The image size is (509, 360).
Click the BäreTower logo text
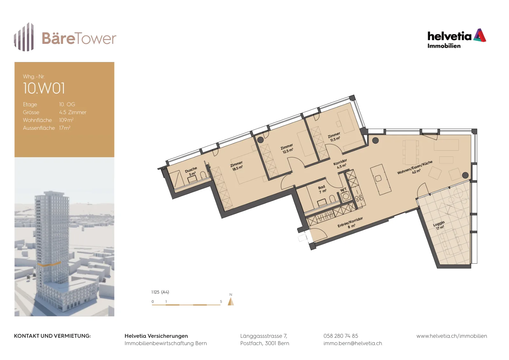79,38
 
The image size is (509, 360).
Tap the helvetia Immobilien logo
457,38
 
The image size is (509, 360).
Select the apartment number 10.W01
44,88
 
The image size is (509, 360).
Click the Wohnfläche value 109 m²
66,120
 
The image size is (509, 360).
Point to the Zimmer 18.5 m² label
237,166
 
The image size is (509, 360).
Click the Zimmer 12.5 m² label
287,149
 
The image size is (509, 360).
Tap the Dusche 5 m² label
191,172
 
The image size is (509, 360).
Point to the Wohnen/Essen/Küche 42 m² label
415,168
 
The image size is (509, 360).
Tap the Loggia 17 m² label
439,225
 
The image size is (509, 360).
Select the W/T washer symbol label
343,190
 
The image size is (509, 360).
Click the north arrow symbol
231,301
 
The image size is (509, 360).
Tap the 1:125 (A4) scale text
160,292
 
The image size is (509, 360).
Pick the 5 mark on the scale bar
221,301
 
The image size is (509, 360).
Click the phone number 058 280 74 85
341,336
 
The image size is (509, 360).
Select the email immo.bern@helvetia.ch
353,343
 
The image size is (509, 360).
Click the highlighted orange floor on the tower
49,264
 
